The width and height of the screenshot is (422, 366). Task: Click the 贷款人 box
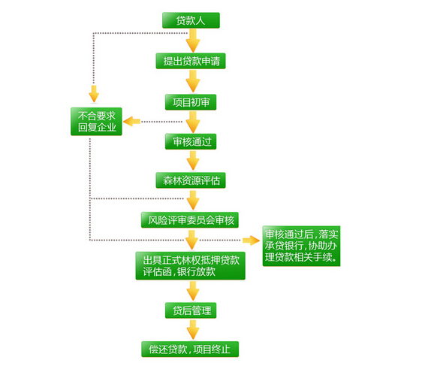click(x=191, y=20)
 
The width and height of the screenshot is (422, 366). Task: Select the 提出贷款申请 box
click(x=191, y=61)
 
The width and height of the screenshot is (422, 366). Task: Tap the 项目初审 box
click(x=191, y=102)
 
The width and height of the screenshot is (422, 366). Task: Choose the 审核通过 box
click(x=191, y=141)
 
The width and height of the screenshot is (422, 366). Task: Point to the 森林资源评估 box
click(x=191, y=180)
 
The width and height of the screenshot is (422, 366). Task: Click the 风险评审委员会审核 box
click(x=190, y=220)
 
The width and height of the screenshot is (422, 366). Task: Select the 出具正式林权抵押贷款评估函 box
click(x=190, y=266)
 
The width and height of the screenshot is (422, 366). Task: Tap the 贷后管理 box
click(x=191, y=310)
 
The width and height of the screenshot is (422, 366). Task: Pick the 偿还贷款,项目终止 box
click(x=190, y=349)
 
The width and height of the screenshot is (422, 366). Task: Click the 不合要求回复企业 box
click(x=96, y=122)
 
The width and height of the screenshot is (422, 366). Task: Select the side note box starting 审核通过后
click(x=301, y=246)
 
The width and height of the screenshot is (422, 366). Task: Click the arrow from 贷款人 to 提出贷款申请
click(x=193, y=41)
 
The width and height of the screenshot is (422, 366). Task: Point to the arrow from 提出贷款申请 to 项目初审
click(x=193, y=81)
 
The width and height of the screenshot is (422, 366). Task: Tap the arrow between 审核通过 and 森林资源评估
click(x=193, y=161)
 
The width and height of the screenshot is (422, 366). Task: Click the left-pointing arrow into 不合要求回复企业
click(x=131, y=122)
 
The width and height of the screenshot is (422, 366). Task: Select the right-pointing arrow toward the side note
click(x=251, y=240)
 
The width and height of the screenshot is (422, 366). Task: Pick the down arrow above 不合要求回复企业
click(x=94, y=94)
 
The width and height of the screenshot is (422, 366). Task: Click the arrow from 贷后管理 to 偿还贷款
click(x=193, y=330)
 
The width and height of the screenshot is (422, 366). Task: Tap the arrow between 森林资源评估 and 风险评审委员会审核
click(x=193, y=201)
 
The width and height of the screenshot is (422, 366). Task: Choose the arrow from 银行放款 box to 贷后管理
click(x=193, y=291)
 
